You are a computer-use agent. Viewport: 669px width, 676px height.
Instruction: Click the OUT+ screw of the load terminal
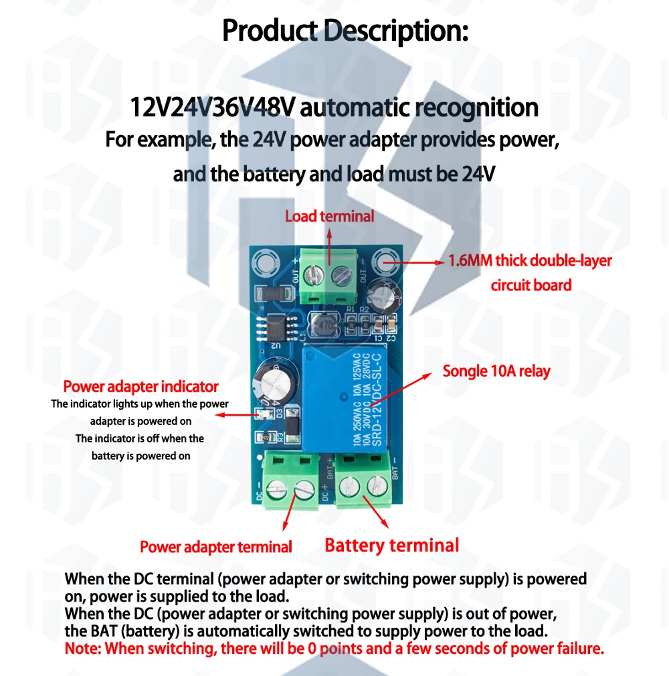[312, 275]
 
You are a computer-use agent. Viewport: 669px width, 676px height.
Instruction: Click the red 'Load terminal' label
[329, 216]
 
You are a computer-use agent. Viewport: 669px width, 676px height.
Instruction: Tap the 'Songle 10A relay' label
[496, 371]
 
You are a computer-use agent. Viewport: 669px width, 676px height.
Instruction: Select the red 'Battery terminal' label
[392, 545]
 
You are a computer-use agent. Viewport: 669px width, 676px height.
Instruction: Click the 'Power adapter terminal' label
[216, 547]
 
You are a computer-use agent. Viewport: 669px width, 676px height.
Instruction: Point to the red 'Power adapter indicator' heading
[140, 387]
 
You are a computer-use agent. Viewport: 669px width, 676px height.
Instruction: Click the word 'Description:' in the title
[396, 31]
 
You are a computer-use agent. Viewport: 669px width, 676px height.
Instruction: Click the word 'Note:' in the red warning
[84, 648]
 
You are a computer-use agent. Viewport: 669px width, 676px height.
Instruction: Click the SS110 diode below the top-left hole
[273, 294]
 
